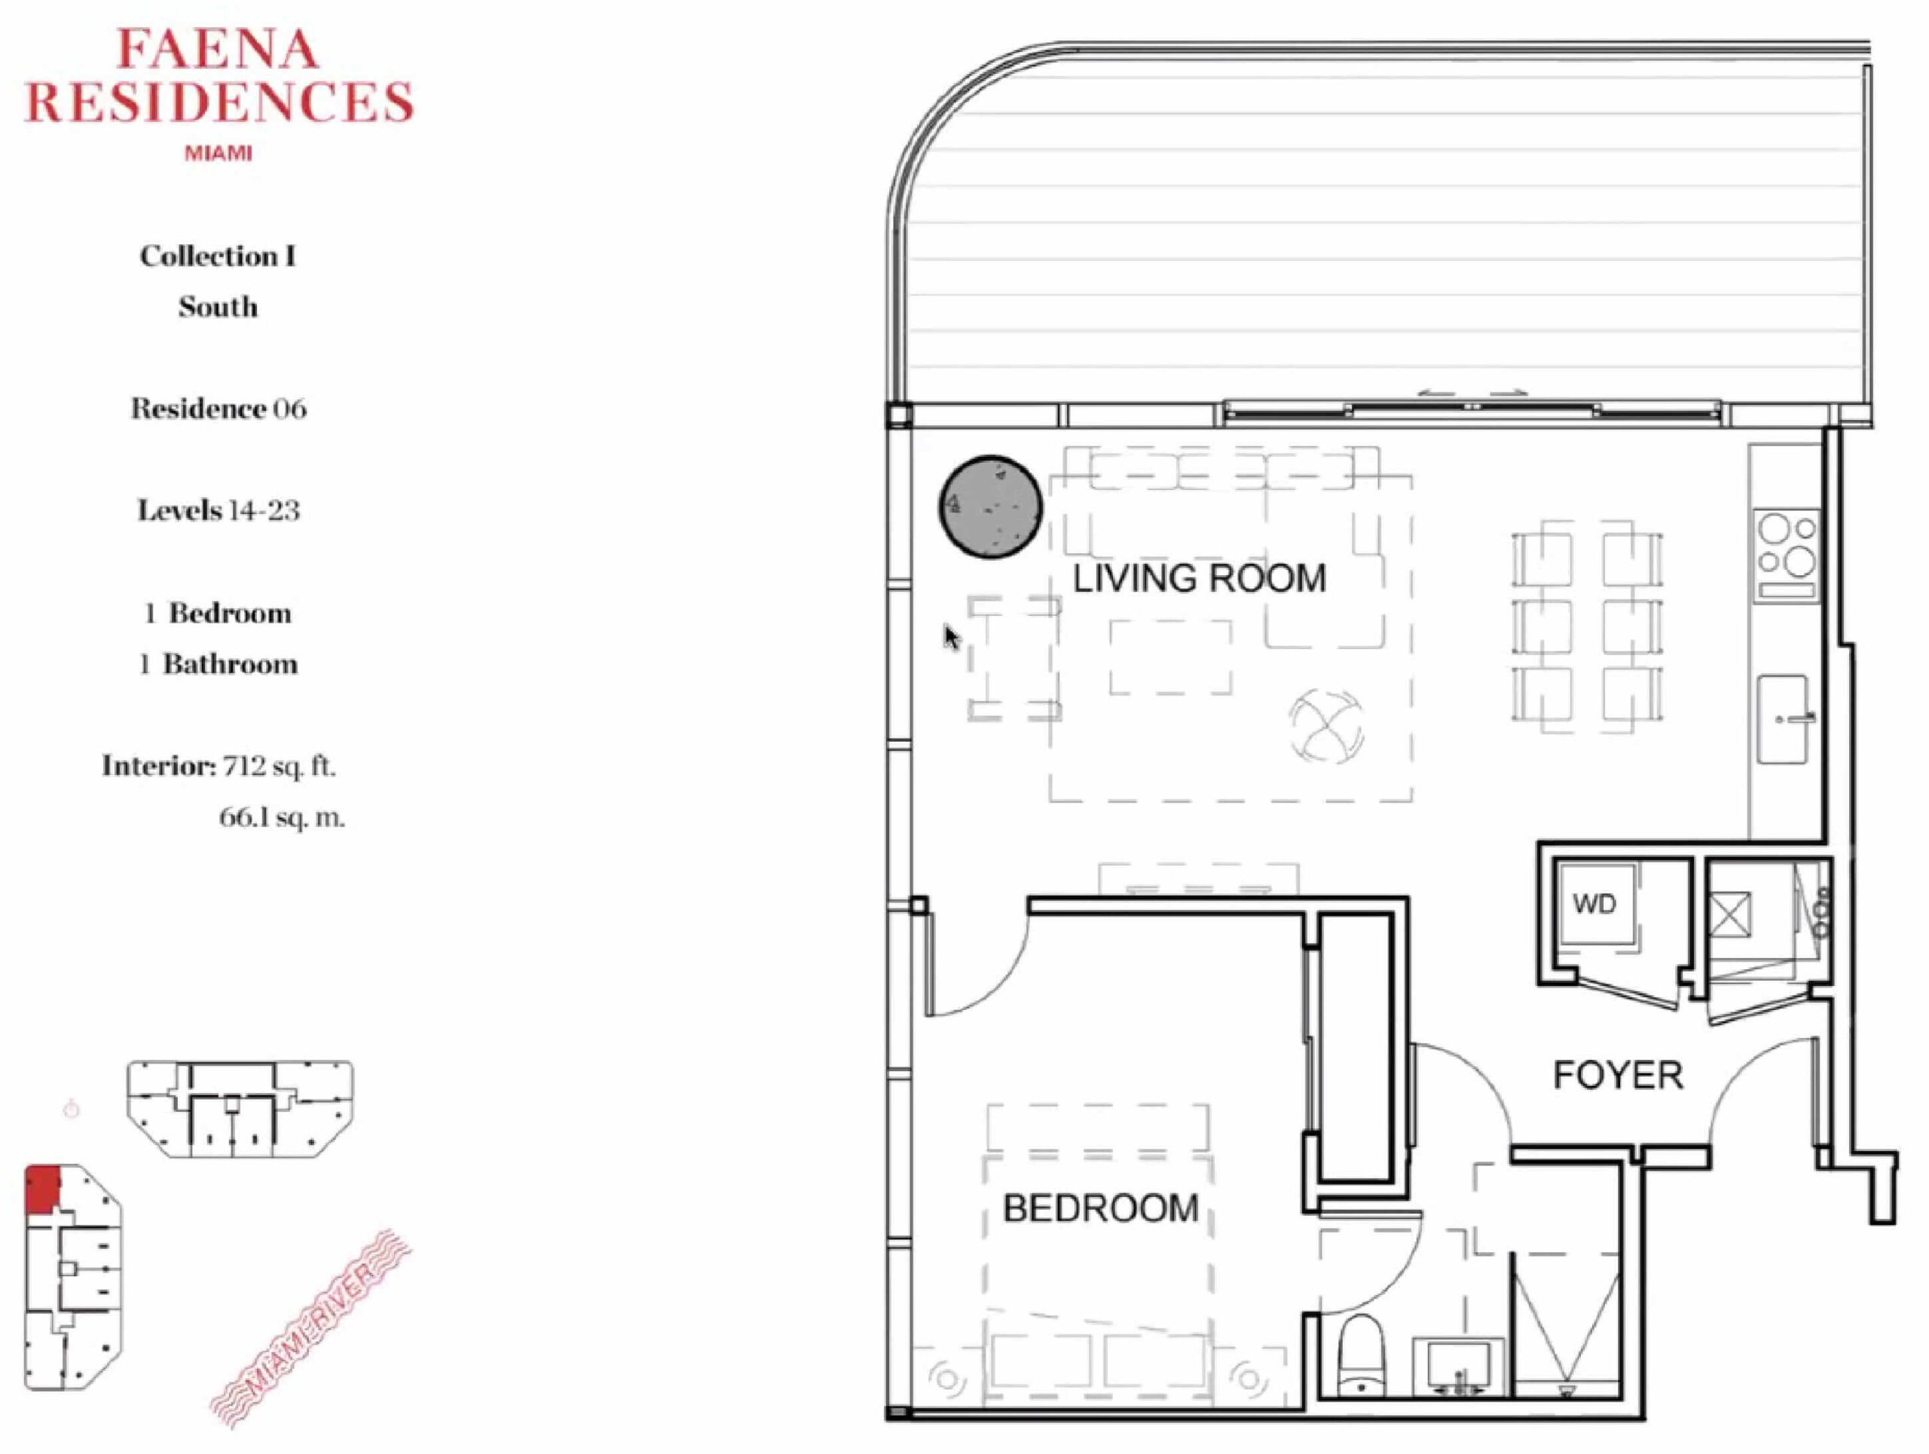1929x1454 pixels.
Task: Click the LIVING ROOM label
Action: point(1199,579)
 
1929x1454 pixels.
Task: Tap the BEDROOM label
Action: point(1101,1208)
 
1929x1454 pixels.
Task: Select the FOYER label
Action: point(1618,1076)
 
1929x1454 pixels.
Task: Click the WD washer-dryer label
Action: point(1594,904)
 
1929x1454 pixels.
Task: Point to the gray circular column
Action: point(991,507)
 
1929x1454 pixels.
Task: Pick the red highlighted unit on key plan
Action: point(43,1189)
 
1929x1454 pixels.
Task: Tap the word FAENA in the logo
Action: point(217,49)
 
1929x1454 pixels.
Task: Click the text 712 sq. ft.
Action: point(279,766)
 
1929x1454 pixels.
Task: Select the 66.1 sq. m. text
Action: point(282,817)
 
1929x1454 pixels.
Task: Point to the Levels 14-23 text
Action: point(218,510)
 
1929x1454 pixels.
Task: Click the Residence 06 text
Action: point(218,409)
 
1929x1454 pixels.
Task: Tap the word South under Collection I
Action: point(218,307)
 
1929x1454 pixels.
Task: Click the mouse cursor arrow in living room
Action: point(952,637)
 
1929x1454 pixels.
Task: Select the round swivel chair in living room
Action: point(1326,726)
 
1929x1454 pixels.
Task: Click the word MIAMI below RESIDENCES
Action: point(218,154)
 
